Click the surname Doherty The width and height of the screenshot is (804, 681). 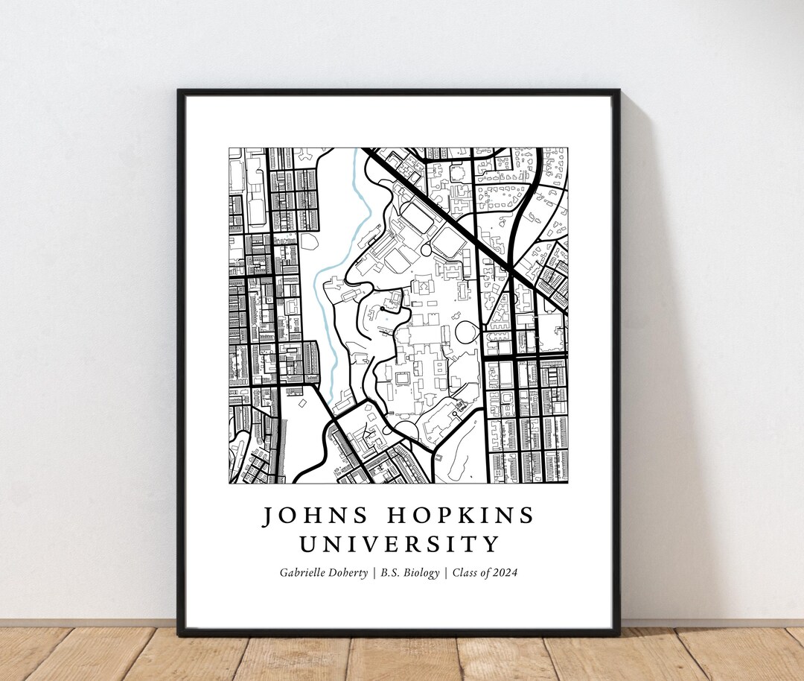coord(349,572)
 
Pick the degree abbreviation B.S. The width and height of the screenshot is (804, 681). coord(392,572)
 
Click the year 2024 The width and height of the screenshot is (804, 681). coord(504,572)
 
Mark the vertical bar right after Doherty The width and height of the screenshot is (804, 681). coord(374,572)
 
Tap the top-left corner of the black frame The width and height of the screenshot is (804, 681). coord(179,92)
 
